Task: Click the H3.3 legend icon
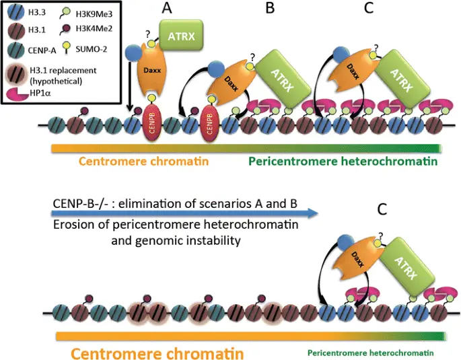point(16,12)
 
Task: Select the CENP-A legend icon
point(16,50)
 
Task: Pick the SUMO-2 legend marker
point(67,48)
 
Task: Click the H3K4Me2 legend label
point(94,28)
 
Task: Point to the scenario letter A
point(166,8)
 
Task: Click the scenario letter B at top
point(270,8)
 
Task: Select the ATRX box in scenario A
point(181,36)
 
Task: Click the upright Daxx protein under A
point(152,70)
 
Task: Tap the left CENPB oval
point(152,121)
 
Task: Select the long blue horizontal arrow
point(185,213)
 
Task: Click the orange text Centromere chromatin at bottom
point(157,353)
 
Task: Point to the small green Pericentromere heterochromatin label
point(370,353)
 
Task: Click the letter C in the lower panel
point(382,209)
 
